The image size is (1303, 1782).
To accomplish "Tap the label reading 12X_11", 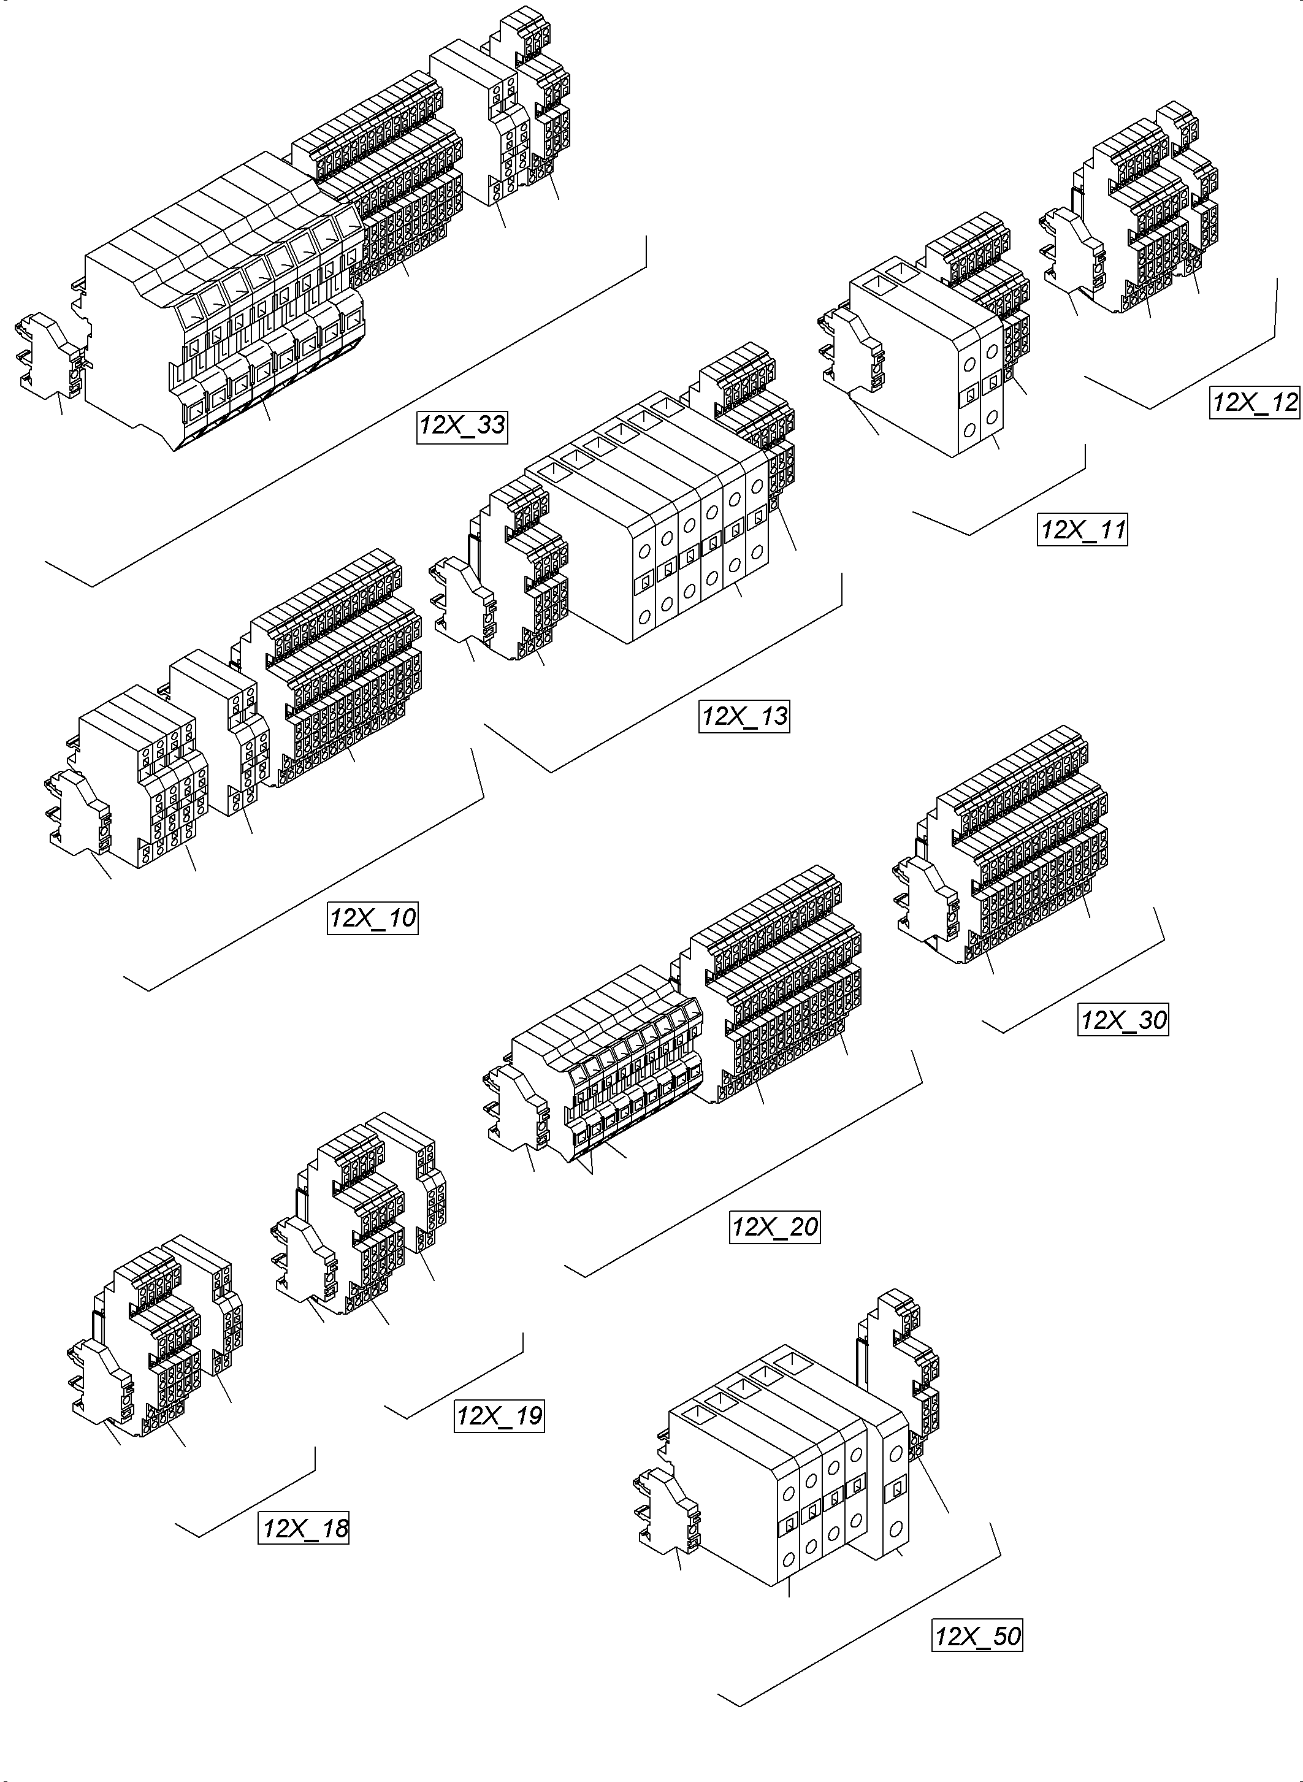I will coord(1082,529).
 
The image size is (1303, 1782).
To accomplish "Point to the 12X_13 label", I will coord(744,716).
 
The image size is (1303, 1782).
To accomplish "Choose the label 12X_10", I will coord(372,918).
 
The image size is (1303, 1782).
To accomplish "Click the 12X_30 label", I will coord(1122,1020).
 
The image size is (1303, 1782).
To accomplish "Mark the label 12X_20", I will coord(774,1228).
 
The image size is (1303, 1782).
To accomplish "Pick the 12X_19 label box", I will coord(499,1415).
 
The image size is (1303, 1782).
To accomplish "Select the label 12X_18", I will coord(304,1529).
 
